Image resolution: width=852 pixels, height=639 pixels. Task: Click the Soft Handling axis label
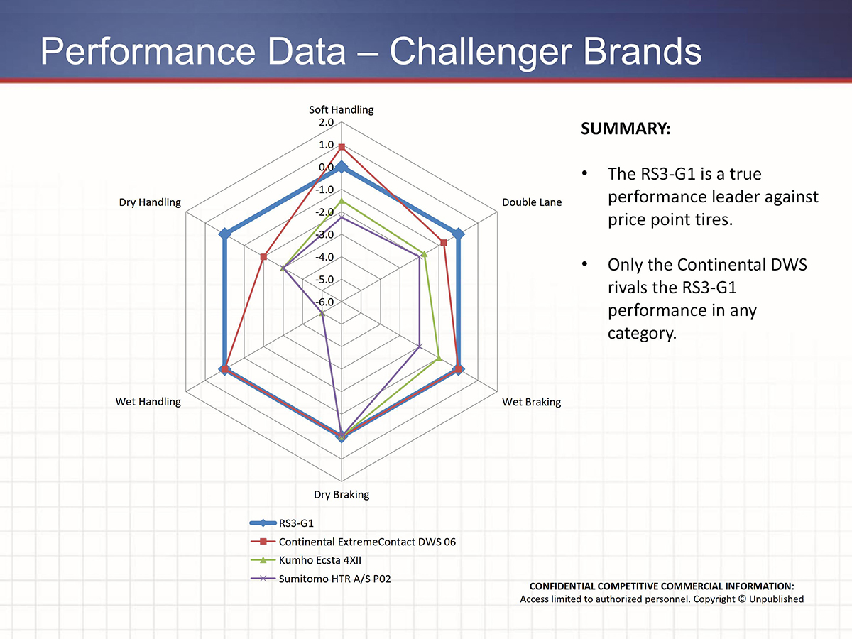(342, 110)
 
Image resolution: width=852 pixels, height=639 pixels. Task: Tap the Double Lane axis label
(532, 202)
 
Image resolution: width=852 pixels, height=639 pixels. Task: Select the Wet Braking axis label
(531, 402)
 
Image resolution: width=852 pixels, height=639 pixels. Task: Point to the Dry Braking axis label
(342, 495)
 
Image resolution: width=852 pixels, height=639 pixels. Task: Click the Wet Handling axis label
(148, 402)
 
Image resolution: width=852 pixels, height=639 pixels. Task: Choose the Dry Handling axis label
(150, 202)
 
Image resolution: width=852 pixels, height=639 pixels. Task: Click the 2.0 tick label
(326, 122)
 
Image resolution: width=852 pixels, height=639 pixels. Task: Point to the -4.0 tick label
(324, 257)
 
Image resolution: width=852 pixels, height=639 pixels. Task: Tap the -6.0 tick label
(324, 302)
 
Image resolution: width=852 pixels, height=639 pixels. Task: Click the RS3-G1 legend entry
(282, 523)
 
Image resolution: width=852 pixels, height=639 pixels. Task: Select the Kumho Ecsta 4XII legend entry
(306, 560)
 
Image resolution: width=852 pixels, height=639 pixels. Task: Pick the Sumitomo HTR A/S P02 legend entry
(320, 579)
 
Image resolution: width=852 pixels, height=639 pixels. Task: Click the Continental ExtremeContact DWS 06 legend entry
(353, 542)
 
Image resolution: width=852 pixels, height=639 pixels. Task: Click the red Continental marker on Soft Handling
(342, 147)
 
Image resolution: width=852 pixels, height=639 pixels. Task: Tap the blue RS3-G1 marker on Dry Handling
(224, 234)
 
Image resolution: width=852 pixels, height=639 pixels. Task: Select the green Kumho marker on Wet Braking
(439, 358)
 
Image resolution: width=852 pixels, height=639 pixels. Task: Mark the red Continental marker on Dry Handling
(263, 257)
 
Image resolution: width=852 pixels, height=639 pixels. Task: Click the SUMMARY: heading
(626, 129)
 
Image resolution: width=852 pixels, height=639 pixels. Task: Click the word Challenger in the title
(481, 52)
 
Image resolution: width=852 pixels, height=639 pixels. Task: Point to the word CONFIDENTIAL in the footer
(562, 586)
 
